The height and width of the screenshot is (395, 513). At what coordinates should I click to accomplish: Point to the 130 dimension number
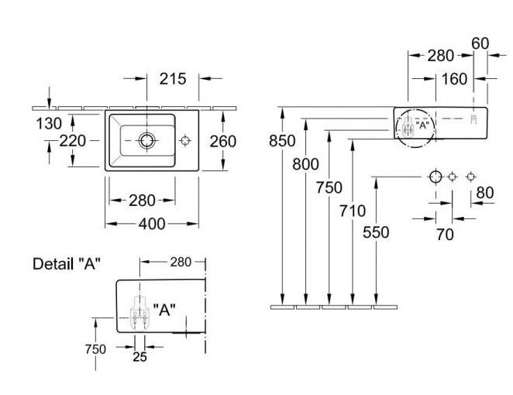tap(48, 122)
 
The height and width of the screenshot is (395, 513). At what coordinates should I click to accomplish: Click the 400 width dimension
tap(151, 223)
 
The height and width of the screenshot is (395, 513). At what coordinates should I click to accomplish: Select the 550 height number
tap(375, 232)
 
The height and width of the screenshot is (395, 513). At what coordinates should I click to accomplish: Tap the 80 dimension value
tap(485, 191)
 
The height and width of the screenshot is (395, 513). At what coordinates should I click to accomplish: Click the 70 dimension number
tap(444, 234)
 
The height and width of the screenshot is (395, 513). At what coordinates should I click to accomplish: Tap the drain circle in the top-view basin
tap(146, 140)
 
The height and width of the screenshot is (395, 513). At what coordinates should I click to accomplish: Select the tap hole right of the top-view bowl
tap(185, 140)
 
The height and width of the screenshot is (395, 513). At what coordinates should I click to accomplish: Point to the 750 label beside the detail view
tap(95, 349)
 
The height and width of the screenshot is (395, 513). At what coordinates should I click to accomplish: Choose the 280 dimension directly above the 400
tap(142, 201)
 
